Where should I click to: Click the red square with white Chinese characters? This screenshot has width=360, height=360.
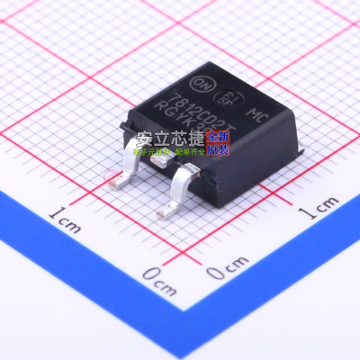(220, 140)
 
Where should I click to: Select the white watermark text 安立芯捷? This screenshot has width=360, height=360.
(171, 140)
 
